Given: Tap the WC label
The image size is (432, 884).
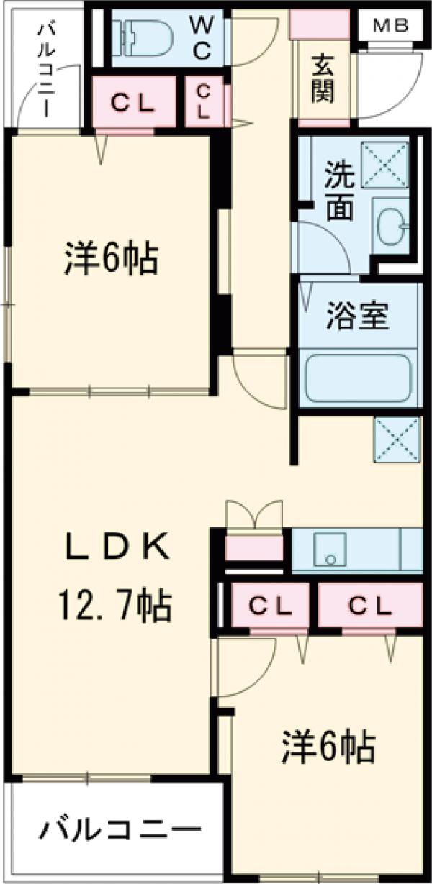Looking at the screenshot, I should tap(201, 37).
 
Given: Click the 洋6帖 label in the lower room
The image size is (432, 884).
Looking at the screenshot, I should tap(328, 748).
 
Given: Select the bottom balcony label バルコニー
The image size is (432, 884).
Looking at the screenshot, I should tap(120, 833).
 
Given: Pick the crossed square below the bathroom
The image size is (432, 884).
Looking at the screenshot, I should tap(397, 440).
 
